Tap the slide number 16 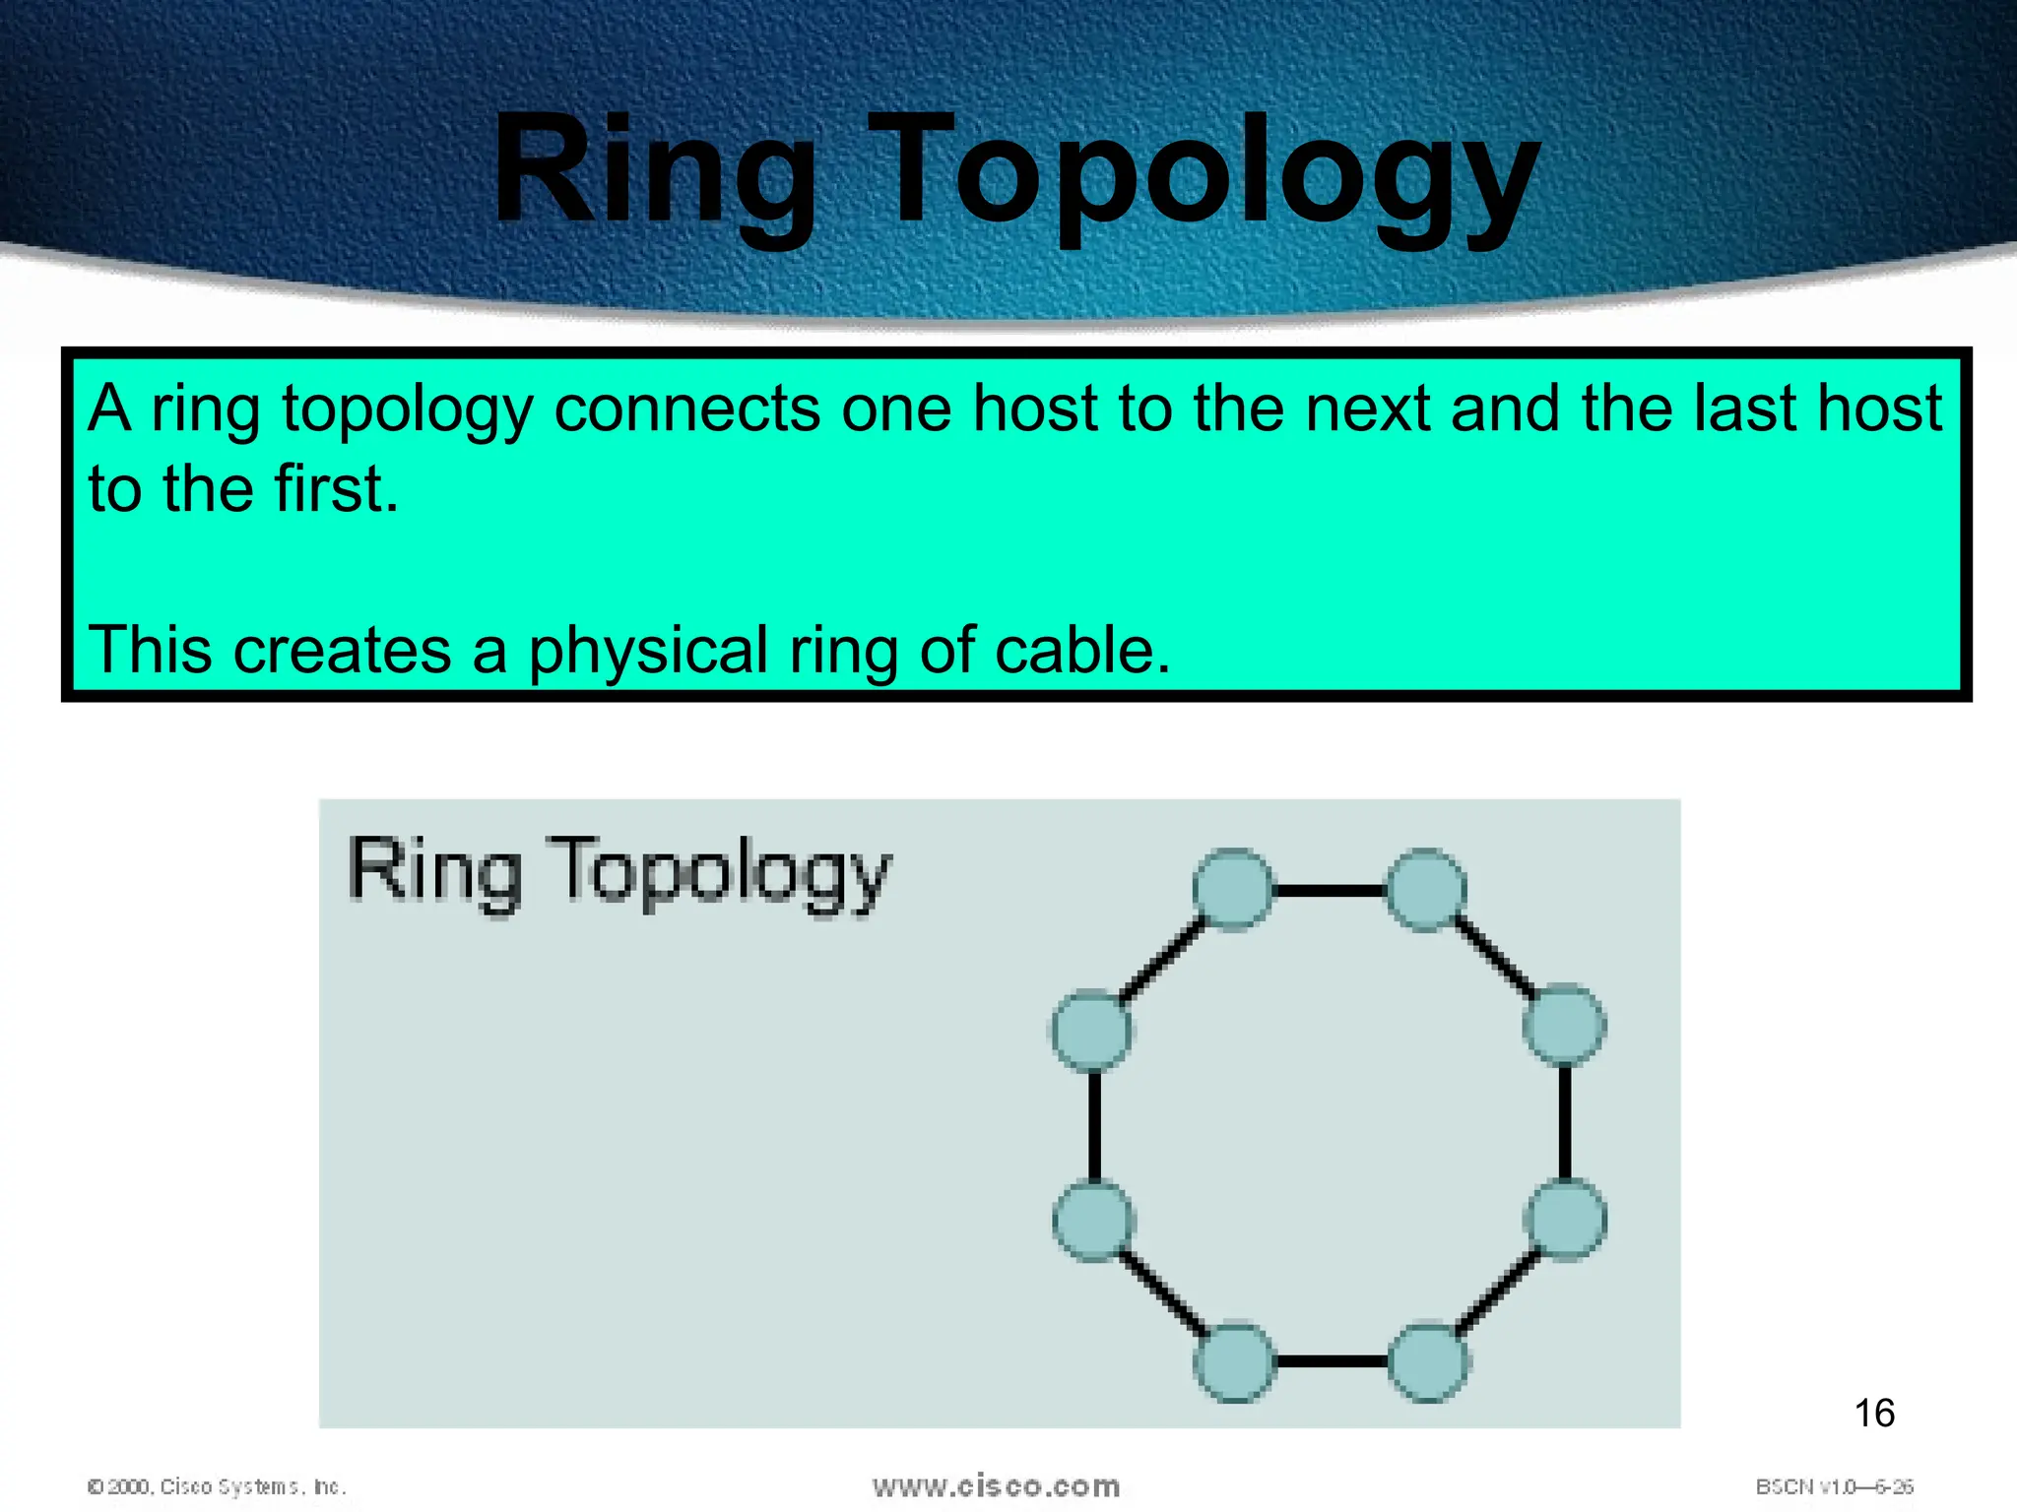coord(1873,1413)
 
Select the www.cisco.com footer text coord(996,1485)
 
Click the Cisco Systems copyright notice coord(217,1486)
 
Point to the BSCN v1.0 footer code coord(1834,1486)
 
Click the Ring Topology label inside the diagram coord(619,871)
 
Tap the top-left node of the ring coord(1233,889)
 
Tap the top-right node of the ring coord(1426,889)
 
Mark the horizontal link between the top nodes coord(1330,890)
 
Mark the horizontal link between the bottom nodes coord(1332,1362)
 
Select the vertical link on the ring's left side coord(1094,1125)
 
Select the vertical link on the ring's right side coord(1565,1122)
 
